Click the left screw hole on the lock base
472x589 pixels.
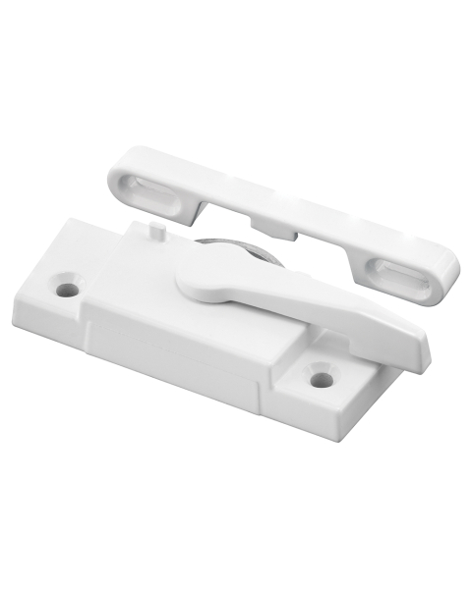(66, 290)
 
